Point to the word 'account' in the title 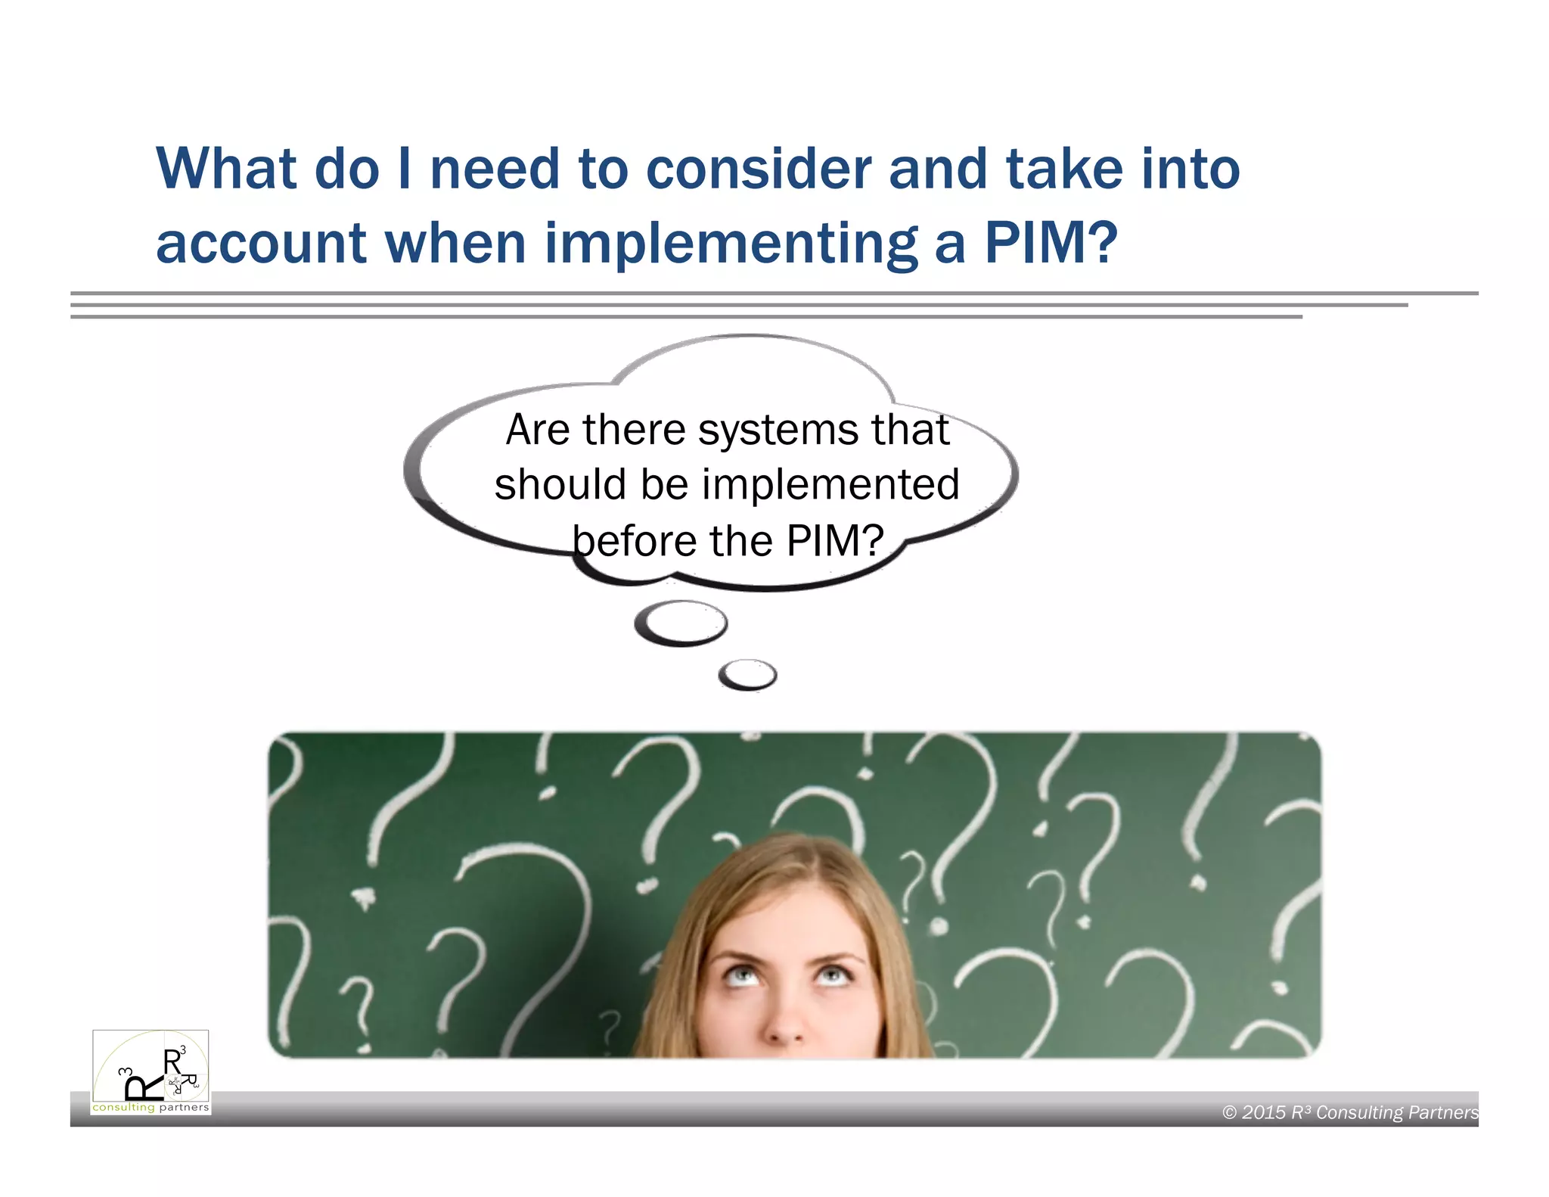(x=262, y=244)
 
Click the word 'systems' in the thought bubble (x=778, y=430)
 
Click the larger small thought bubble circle (x=681, y=623)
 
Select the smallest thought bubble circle (x=747, y=675)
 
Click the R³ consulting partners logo (x=151, y=1071)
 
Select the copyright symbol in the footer (x=1230, y=1112)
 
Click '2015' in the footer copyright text (x=1263, y=1112)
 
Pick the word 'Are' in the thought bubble (x=538, y=430)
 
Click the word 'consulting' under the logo (x=123, y=1108)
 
